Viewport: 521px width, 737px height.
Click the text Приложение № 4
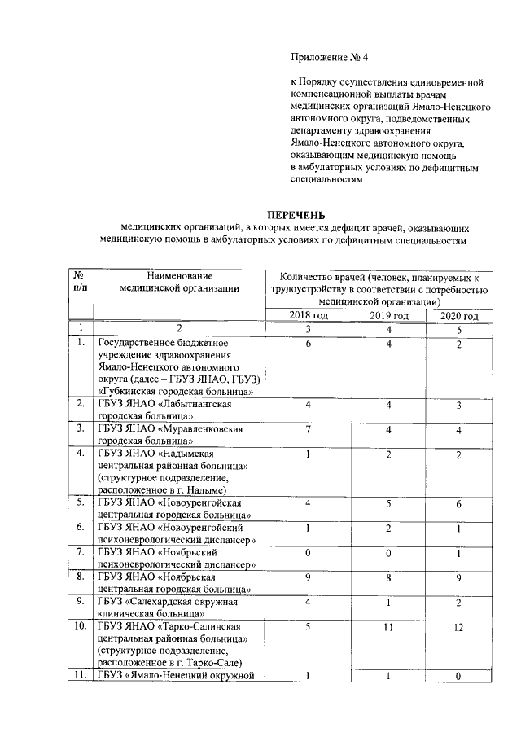(330, 57)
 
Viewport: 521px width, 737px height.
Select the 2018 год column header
(309, 316)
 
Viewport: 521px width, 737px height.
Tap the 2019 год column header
(389, 316)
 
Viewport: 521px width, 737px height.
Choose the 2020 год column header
(459, 316)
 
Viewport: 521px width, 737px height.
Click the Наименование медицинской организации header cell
(178, 281)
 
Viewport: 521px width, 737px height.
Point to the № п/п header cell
(81, 281)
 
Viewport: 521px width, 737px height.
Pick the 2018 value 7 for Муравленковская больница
(309, 428)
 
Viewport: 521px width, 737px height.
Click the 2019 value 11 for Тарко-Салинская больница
(389, 629)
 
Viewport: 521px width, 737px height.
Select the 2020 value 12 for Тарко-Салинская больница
(459, 629)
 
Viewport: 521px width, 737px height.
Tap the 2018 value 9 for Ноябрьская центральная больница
(309, 579)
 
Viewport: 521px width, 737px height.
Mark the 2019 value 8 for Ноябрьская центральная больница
(389, 579)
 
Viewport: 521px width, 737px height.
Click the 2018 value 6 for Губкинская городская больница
(309, 344)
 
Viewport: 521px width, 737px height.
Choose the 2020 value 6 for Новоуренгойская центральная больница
(459, 504)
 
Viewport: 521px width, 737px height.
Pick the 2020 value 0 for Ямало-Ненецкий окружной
(459, 675)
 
